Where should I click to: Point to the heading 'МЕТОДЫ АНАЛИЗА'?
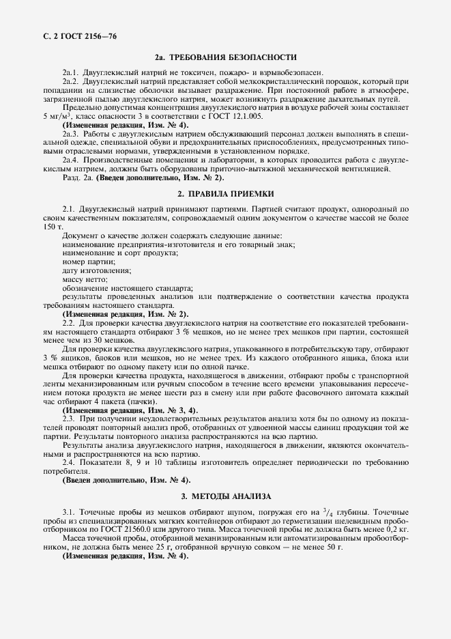pos(233,496)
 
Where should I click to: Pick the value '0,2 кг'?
pos(395,528)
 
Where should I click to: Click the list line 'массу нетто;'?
pos(85,279)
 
